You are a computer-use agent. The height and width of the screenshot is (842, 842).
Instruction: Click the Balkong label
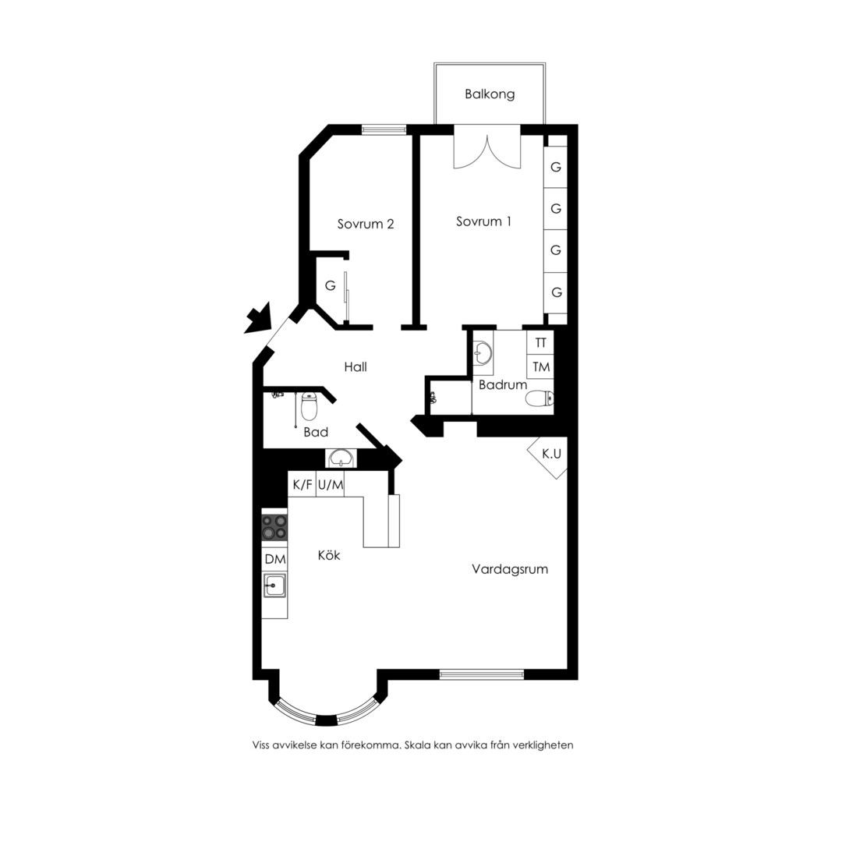(490, 94)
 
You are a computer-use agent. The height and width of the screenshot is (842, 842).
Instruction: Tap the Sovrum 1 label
(483, 221)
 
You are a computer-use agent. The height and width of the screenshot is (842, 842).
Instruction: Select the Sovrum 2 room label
(366, 224)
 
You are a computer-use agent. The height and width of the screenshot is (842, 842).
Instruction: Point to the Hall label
(356, 366)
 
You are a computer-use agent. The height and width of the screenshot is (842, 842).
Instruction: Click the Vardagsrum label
(510, 569)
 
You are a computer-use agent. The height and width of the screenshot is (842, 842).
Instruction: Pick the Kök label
(329, 555)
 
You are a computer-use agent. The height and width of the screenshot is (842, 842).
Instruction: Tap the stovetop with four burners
(274, 527)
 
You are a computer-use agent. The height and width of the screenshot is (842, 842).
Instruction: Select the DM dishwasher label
(275, 559)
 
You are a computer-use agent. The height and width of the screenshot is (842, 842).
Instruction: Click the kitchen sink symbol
(274, 585)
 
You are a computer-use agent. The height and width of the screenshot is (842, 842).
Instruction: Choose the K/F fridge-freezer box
(302, 484)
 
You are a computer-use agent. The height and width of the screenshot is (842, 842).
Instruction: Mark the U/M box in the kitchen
(331, 484)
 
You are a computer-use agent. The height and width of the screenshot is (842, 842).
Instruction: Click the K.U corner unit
(549, 455)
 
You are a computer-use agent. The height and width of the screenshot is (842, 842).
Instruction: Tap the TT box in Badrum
(540, 342)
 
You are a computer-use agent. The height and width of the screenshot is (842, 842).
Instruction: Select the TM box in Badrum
(540, 366)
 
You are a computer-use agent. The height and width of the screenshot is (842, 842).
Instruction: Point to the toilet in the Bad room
(308, 406)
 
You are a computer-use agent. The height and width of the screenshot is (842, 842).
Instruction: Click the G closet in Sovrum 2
(331, 285)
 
